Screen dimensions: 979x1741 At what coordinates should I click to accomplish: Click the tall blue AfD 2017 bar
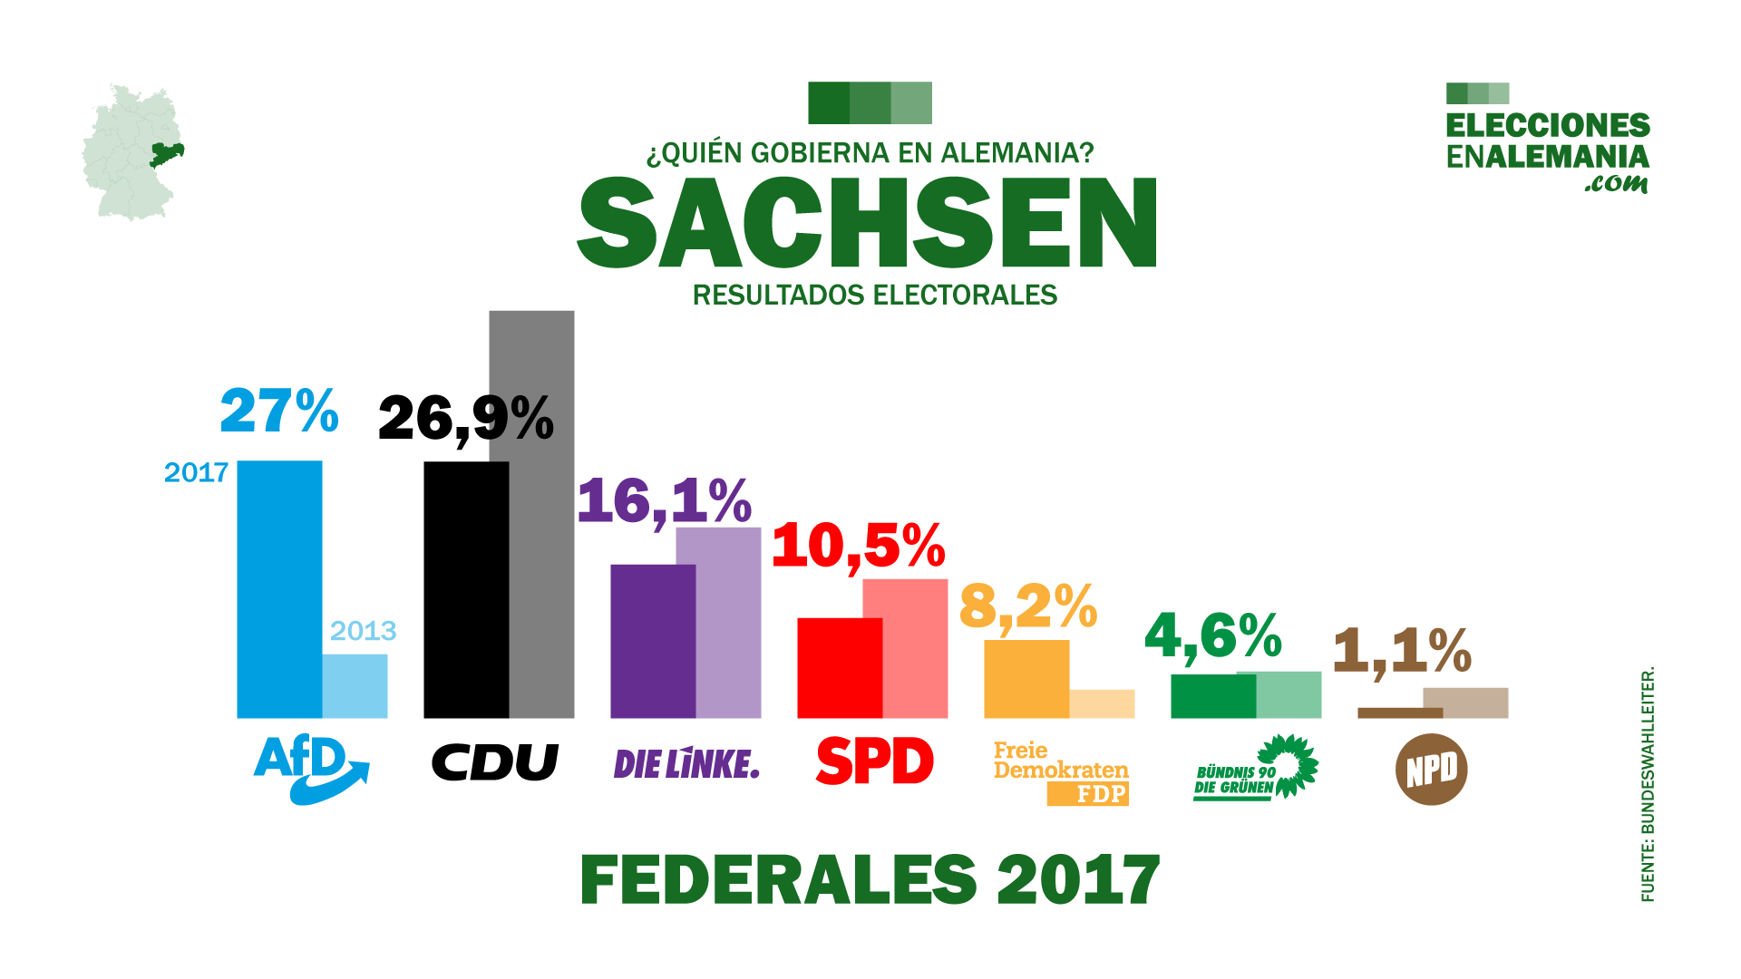279,589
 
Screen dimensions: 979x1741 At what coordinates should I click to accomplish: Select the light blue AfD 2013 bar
355,686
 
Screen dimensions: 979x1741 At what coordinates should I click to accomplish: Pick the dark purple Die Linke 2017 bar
653,641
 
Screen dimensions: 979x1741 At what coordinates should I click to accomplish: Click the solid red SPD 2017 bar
840,668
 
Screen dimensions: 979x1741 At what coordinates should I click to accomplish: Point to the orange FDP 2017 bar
1026,679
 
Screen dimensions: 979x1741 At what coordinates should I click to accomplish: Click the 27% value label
279,411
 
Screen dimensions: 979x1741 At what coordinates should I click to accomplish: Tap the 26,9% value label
465,419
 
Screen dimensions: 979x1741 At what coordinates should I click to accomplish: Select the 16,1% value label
665,500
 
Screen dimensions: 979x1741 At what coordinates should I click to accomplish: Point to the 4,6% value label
1213,635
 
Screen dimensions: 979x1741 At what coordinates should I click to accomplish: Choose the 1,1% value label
1402,651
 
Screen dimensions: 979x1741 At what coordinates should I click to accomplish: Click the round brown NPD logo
1431,770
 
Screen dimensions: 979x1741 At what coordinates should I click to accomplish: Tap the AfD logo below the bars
310,769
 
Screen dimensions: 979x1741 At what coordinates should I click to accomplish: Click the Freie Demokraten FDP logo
1061,772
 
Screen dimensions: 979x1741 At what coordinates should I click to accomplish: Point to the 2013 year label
363,631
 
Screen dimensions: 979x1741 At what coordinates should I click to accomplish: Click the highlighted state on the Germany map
166,155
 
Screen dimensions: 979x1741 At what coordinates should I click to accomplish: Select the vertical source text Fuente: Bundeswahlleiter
1648,784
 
